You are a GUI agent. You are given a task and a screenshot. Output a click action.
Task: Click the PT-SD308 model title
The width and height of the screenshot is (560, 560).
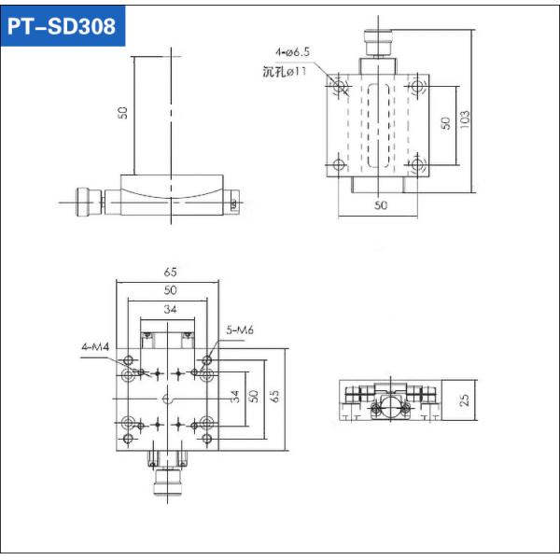(63, 26)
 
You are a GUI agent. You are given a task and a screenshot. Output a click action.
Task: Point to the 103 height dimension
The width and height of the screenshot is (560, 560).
(464, 117)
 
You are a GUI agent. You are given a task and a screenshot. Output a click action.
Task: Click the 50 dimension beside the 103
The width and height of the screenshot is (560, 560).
(445, 123)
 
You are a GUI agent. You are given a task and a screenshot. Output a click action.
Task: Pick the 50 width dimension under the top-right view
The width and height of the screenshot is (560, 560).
(380, 204)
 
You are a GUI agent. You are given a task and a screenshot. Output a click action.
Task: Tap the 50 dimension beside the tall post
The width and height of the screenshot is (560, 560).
(122, 112)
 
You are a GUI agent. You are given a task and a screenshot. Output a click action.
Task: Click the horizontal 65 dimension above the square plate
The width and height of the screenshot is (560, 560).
(170, 273)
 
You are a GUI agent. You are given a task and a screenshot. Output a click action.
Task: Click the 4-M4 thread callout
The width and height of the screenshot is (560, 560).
(95, 347)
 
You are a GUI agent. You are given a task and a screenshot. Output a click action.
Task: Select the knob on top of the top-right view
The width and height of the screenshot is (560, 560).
(378, 43)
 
